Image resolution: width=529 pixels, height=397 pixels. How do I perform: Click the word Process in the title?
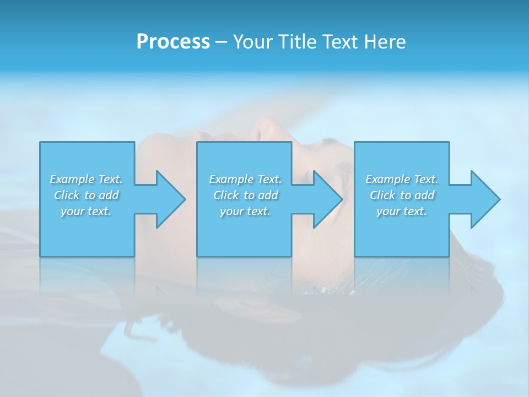(x=173, y=42)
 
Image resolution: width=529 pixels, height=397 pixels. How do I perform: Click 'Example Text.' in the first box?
(x=86, y=179)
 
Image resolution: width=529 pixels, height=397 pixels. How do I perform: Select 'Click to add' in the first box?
(x=86, y=195)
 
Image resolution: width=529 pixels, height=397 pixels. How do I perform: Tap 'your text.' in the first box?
(x=86, y=211)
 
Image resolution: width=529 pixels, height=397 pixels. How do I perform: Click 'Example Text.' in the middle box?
(x=245, y=179)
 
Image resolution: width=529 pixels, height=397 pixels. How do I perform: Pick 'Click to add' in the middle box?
(x=245, y=195)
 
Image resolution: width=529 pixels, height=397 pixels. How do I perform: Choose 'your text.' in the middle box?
(x=245, y=211)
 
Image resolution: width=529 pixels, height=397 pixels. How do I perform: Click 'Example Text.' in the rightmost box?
(x=402, y=179)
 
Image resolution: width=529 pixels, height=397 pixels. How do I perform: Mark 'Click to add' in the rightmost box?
(x=402, y=195)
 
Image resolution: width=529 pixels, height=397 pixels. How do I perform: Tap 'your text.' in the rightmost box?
(x=402, y=211)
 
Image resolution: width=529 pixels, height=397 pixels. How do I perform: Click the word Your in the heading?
(x=251, y=42)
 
